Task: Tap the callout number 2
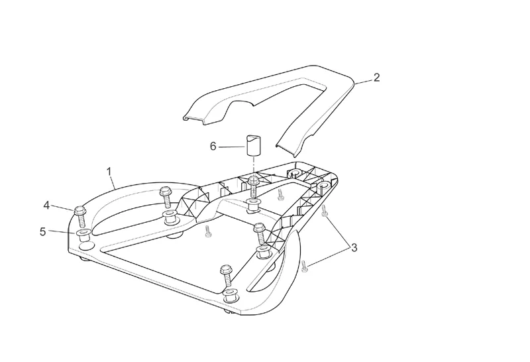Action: coord(376,78)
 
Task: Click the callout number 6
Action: coord(213,145)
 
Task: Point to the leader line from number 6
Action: coord(232,145)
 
